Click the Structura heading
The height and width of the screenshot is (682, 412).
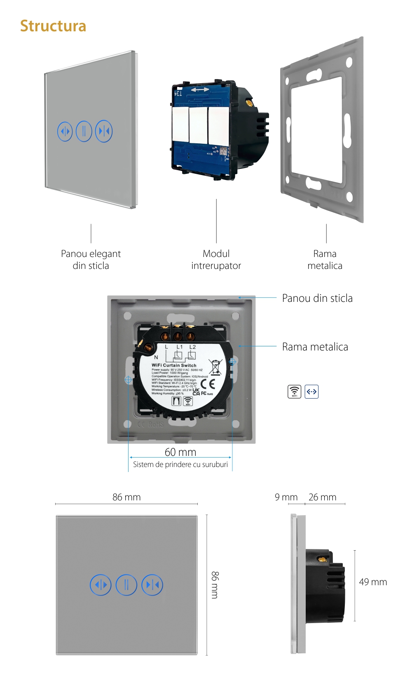click(53, 26)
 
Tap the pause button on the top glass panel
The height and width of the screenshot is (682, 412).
click(84, 131)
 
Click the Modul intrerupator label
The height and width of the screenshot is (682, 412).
click(216, 259)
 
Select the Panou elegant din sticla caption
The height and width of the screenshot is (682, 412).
click(91, 259)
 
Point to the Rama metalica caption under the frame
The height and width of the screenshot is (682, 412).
click(325, 259)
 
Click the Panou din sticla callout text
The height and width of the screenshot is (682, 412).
click(317, 298)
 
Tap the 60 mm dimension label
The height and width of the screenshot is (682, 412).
click(180, 452)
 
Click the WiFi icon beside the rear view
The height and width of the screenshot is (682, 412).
click(294, 392)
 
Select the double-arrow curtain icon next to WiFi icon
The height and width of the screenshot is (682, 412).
click(311, 392)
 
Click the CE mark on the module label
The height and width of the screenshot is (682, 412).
click(208, 384)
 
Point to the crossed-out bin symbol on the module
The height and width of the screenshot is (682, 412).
click(215, 367)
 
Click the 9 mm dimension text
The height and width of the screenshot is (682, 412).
click(286, 497)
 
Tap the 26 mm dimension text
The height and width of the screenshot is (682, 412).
click(322, 497)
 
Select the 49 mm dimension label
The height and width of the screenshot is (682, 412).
click(373, 582)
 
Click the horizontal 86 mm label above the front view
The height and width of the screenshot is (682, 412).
click(126, 497)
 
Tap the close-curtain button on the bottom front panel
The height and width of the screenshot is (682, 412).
click(152, 585)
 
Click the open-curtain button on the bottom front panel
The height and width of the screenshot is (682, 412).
click(101, 585)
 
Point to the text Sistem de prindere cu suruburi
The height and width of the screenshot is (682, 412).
click(180, 465)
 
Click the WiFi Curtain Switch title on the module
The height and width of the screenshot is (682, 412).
click(174, 365)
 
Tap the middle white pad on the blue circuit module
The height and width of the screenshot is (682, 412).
click(198, 125)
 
